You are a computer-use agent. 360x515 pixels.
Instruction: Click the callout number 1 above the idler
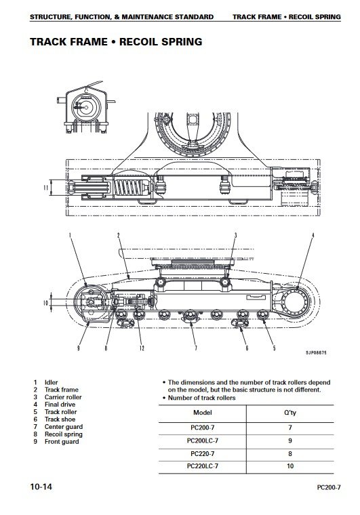tap(70, 235)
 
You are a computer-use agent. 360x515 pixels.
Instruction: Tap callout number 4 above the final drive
tap(313, 235)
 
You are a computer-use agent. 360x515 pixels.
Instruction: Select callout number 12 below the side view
tap(142, 348)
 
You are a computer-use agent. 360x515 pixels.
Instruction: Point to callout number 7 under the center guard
tap(196, 348)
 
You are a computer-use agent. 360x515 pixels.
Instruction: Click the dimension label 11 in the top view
tap(46, 187)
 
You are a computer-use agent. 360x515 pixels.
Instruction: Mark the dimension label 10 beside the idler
tap(45, 302)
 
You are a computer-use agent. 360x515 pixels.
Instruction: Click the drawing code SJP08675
tap(316, 353)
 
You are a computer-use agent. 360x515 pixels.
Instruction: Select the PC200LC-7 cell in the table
tap(202, 440)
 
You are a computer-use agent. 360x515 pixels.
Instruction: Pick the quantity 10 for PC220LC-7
tap(290, 466)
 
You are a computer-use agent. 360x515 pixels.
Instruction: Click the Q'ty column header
tap(290, 413)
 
